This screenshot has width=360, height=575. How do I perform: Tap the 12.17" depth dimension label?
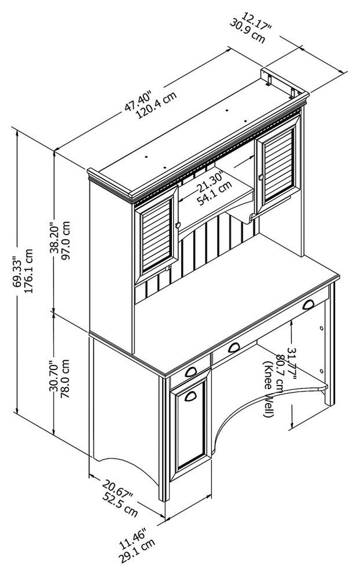256,21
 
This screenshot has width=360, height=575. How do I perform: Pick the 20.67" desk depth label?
117,490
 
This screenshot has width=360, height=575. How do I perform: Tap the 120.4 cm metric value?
156,105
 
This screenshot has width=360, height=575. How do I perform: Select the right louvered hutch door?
279,163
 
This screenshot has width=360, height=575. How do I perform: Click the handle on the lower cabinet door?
190,396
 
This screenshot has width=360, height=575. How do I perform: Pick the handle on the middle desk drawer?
234,347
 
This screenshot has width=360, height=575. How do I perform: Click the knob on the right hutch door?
261,178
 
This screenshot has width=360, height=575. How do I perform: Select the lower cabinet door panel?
190,425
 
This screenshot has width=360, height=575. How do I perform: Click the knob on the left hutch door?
178,225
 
